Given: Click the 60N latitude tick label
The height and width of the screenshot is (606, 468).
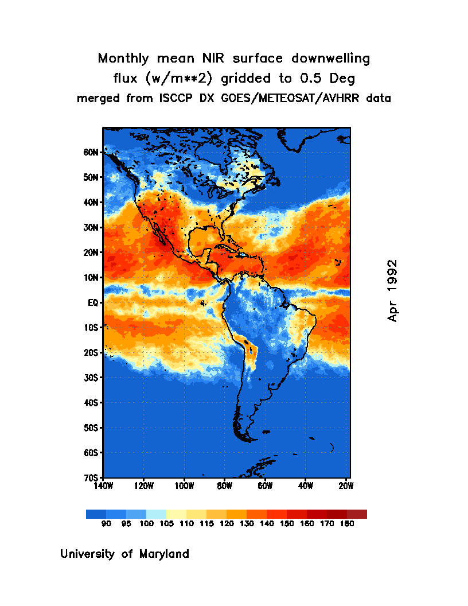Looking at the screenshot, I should pyautogui.click(x=91, y=153).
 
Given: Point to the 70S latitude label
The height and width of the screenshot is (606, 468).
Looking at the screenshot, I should pyautogui.click(x=91, y=477).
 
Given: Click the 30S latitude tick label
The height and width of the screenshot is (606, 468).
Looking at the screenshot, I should pyautogui.click(x=91, y=378).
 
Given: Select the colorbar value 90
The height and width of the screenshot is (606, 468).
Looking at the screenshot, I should pyautogui.click(x=106, y=523).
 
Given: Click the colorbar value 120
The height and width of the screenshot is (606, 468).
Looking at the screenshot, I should pyautogui.click(x=227, y=523).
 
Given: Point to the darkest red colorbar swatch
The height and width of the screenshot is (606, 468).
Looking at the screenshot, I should pyautogui.click(x=357, y=514).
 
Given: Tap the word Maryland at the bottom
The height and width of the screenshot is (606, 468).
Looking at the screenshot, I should pyautogui.click(x=164, y=554).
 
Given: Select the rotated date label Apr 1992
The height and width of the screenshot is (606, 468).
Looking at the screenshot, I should pyautogui.click(x=392, y=290).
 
